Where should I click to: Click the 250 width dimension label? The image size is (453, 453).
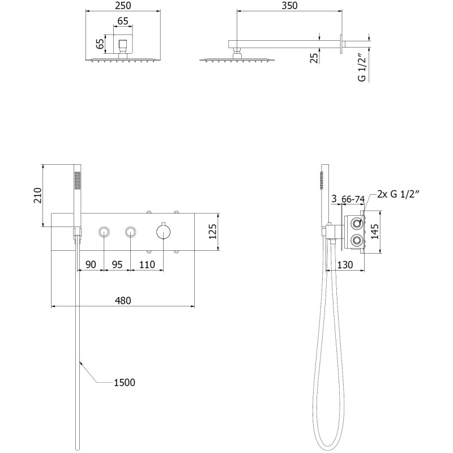tap(123, 6)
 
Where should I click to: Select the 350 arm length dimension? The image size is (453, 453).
tap(289, 6)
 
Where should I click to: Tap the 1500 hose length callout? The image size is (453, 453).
tap(125, 383)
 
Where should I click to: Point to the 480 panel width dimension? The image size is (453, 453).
tap(123, 301)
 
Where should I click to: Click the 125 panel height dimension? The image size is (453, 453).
tap(212, 232)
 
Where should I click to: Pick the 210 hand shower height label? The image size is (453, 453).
tap(37, 195)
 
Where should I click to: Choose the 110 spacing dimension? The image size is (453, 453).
tap(147, 264)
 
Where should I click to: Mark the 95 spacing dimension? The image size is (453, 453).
tap(117, 264)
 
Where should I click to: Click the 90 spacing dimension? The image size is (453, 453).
tap(91, 264)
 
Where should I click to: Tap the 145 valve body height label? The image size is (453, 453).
tap(374, 232)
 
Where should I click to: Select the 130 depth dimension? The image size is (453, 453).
tap(345, 264)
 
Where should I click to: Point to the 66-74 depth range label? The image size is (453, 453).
tap(353, 199)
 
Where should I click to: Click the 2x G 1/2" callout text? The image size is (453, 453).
tap(398, 194)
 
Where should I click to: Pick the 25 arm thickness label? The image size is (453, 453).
tap(314, 58)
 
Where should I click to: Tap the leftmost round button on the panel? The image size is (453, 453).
tap(104, 232)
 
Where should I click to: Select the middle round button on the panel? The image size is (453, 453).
tap(131, 232)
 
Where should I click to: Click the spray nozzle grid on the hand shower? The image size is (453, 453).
tap(77, 180)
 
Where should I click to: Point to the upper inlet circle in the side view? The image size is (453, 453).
tap(357, 223)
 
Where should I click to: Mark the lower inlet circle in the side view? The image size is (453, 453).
tap(357, 240)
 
